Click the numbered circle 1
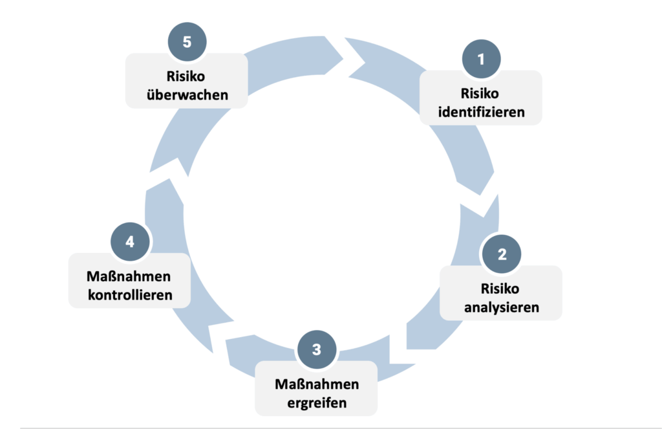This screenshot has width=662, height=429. (481, 60)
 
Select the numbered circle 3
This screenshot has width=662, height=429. (316, 350)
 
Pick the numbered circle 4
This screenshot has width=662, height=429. (130, 242)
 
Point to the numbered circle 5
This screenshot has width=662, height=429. (187, 43)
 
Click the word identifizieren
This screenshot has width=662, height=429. (481, 112)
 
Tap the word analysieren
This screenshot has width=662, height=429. (501, 307)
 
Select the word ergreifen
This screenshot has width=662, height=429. (316, 402)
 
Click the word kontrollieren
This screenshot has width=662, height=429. (129, 295)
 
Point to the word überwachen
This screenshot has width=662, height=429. (187, 95)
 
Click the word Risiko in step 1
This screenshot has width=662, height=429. (481, 93)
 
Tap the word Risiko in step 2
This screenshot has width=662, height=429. (501, 288)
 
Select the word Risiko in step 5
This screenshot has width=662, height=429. (186, 76)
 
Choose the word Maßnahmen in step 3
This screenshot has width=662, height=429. (317, 384)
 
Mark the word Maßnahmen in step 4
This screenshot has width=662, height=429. (129, 277)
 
